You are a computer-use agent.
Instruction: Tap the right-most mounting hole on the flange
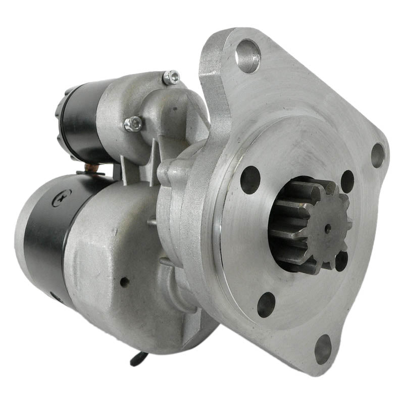(378, 155)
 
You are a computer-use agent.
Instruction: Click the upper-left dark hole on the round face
(250, 179)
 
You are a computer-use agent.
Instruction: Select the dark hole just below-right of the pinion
(342, 261)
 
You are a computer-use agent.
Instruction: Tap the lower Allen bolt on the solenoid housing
(133, 124)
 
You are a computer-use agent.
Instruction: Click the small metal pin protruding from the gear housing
(151, 221)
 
